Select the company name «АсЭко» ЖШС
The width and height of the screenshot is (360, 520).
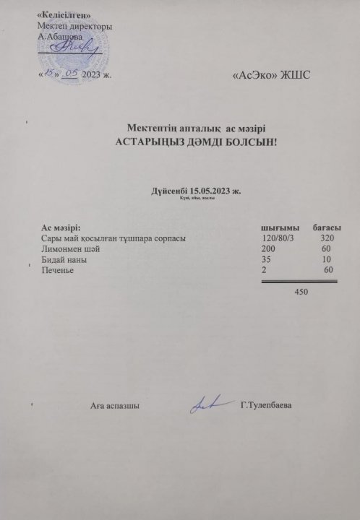[271, 76]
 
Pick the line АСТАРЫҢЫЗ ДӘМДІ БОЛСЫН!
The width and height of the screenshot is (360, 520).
[195, 142]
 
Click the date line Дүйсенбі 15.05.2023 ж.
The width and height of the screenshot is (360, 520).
[196, 192]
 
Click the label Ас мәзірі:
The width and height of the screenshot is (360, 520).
[61, 228]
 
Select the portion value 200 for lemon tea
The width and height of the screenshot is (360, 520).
[268, 248]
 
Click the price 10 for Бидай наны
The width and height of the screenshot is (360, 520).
[327, 259]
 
